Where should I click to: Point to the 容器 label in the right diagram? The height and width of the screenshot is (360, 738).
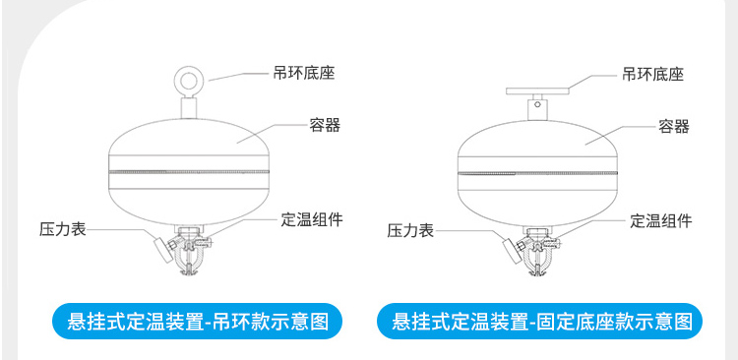pyautogui.click(x=674, y=126)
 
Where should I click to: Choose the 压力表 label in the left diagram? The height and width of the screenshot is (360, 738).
pyautogui.click(x=63, y=228)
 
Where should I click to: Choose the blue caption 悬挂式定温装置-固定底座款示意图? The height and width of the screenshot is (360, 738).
pyautogui.click(x=541, y=321)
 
